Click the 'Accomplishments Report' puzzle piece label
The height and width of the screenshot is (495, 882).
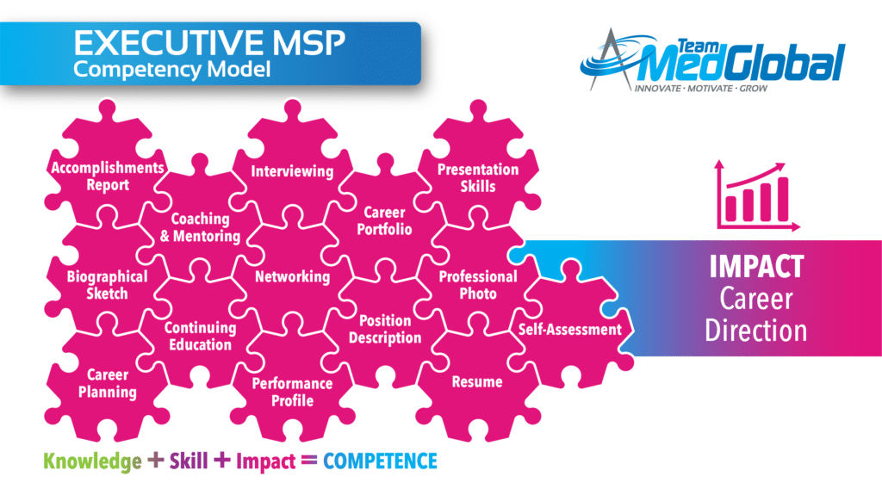[x=108, y=176]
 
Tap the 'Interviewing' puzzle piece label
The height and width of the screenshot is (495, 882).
[x=292, y=171]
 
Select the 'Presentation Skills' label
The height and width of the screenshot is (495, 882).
[x=478, y=177]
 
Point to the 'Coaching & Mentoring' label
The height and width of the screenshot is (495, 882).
[x=200, y=227]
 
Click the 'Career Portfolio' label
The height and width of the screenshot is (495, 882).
[x=384, y=220]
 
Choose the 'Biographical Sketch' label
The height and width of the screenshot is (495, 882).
[x=107, y=285]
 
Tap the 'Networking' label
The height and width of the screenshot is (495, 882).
[x=293, y=276]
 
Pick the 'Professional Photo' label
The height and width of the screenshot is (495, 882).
[x=478, y=285]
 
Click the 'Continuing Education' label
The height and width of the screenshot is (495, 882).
[x=200, y=337]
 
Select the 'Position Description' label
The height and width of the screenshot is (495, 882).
[x=385, y=329]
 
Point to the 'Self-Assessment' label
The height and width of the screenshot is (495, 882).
[x=570, y=330]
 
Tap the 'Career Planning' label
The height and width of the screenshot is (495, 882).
[x=108, y=384]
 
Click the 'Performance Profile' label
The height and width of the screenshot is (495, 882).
[x=292, y=392]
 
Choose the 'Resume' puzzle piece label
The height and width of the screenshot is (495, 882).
[x=477, y=382]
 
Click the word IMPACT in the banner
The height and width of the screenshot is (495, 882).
[x=756, y=267]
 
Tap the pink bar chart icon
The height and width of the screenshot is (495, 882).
[x=757, y=195]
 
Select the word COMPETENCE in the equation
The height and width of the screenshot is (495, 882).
[x=380, y=461]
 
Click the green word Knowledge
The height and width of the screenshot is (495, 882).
[x=92, y=461]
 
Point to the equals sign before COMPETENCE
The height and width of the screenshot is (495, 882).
[x=309, y=461]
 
